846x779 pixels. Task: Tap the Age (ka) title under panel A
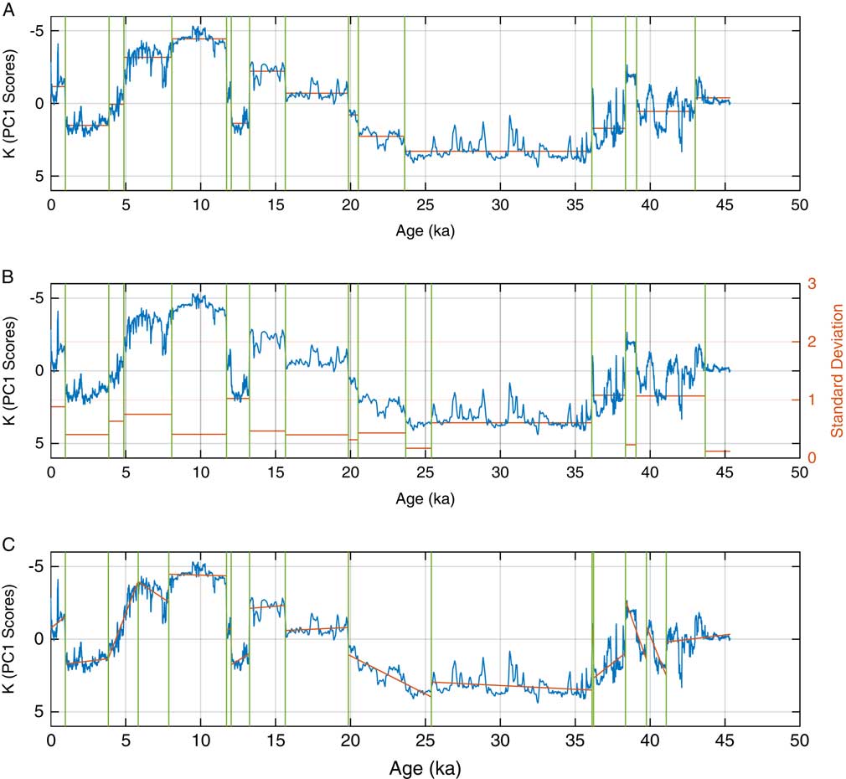tap(426, 230)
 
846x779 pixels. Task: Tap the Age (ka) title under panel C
tap(426, 766)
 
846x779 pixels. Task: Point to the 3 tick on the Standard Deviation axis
tap(811, 283)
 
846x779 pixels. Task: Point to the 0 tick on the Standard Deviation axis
tap(811, 457)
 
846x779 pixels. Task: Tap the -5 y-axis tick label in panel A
tap(34, 31)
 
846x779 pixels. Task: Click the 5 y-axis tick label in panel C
tap(38, 711)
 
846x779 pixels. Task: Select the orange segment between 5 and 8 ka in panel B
tap(148, 414)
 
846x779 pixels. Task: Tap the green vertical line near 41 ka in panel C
tap(666, 637)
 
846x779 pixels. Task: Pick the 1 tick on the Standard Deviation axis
tap(811, 400)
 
